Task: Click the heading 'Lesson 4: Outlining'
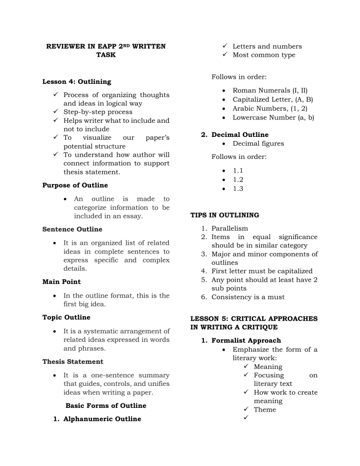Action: [x=76, y=82]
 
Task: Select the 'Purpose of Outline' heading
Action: [x=75, y=185]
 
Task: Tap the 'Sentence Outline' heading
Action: [x=73, y=229]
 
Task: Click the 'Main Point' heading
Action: [x=61, y=282]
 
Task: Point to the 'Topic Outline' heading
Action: [x=66, y=317]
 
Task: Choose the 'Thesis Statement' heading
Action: [x=73, y=361]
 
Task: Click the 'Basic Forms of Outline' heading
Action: [x=106, y=406]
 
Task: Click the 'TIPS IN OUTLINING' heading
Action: [x=225, y=216]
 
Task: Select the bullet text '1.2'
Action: [x=238, y=180]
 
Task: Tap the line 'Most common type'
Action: [x=264, y=55]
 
